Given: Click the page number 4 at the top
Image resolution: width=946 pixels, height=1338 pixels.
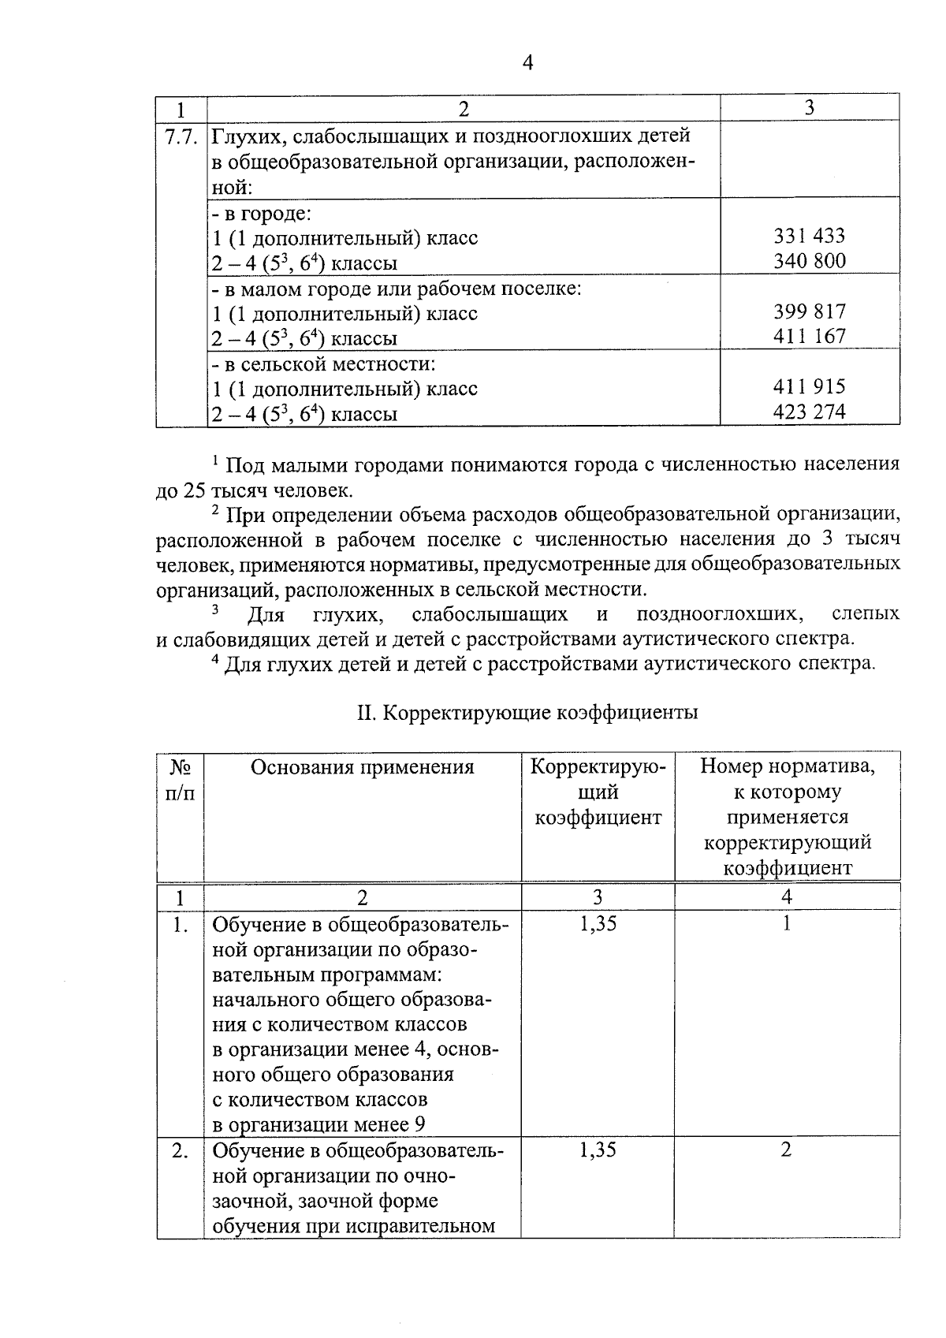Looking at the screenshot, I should [527, 64].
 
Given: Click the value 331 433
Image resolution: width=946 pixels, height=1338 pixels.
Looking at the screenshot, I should [809, 236].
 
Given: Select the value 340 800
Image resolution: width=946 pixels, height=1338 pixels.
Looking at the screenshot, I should [809, 261].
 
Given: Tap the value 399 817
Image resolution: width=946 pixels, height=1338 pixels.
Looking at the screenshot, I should [809, 311].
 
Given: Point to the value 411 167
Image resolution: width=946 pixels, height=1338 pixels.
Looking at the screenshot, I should [809, 337].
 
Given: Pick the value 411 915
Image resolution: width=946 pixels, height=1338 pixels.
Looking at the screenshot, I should [809, 387].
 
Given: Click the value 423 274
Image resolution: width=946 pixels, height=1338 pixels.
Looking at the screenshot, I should [809, 412].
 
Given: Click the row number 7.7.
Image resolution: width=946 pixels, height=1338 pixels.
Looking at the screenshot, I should [181, 136].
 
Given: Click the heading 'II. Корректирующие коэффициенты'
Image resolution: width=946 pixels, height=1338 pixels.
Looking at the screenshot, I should [527, 713].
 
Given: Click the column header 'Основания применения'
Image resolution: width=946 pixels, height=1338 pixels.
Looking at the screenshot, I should [362, 767].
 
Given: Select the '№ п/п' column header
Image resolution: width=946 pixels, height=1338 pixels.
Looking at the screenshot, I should [181, 780].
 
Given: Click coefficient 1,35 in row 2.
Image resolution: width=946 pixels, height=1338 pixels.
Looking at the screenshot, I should [598, 1150].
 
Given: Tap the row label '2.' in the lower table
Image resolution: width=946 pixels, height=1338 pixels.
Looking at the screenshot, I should [181, 1151].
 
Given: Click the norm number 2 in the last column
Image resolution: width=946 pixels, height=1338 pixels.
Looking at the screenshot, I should [786, 1150].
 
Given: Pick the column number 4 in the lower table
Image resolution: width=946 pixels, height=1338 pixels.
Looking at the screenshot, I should [786, 897].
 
